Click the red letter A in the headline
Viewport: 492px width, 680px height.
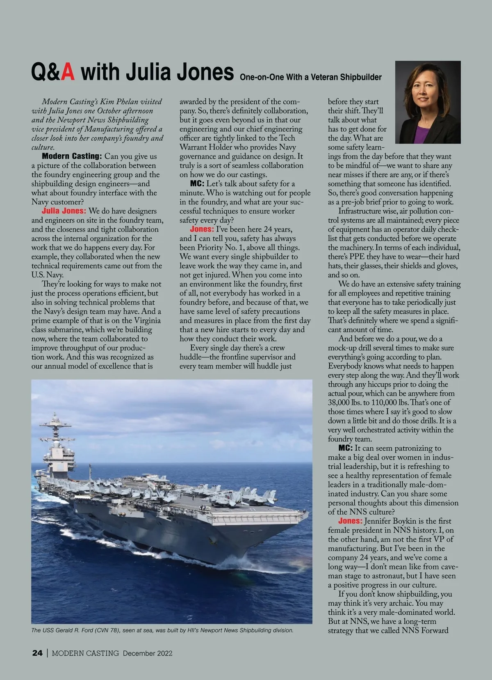point(68,73)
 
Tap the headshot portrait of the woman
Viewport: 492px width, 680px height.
point(428,102)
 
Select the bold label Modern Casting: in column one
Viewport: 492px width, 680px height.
point(72,156)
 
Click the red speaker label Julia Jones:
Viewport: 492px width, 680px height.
point(64,211)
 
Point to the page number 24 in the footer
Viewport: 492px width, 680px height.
point(37,653)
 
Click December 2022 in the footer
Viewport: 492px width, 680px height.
point(148,653)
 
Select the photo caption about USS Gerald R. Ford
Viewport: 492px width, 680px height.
point(162,630)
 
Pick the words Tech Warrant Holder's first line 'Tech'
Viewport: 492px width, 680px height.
point(287,138)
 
